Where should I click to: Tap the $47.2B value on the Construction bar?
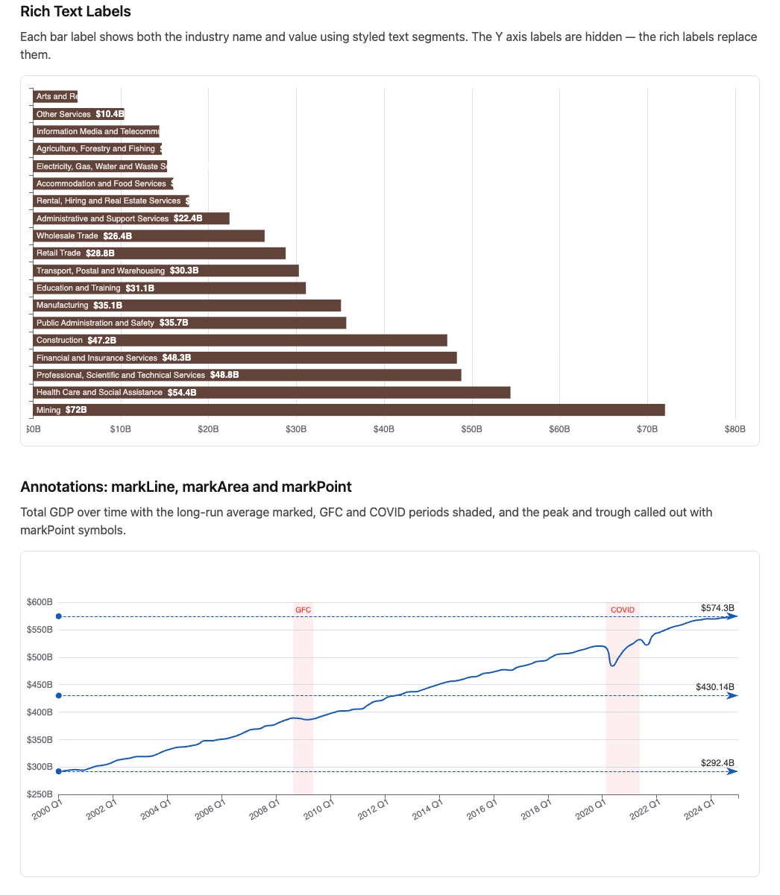102,341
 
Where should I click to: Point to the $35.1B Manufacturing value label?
108,306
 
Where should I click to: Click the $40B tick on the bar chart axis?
384,429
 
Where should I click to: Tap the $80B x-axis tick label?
735,429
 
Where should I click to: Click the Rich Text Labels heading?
75,12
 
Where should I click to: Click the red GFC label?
303,610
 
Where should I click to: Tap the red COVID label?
623,610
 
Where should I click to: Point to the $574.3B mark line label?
717,608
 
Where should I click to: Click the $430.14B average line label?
714,686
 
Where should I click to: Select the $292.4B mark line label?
717,763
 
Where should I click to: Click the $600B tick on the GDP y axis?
40,602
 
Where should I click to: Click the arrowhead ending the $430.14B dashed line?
733,696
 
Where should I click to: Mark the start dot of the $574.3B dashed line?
58,616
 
